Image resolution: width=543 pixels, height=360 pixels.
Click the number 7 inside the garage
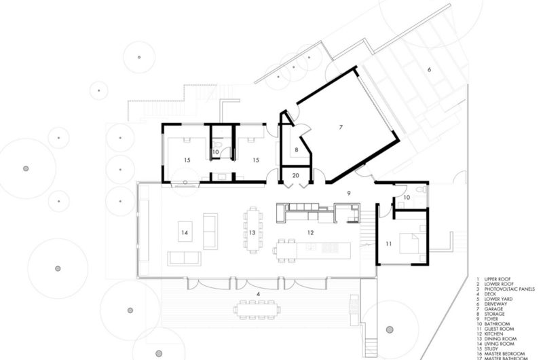[341, 127]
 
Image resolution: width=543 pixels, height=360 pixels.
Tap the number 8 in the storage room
[296, 149]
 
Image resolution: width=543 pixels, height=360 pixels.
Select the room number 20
[295, 175]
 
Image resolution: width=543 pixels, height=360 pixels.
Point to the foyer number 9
[348, 193]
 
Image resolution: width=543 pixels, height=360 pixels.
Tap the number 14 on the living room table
[184, 232]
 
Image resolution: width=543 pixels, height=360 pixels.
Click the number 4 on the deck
[258, 293]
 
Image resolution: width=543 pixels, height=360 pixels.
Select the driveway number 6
[429, 69]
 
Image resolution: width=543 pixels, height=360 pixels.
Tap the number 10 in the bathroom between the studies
[214, 153]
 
